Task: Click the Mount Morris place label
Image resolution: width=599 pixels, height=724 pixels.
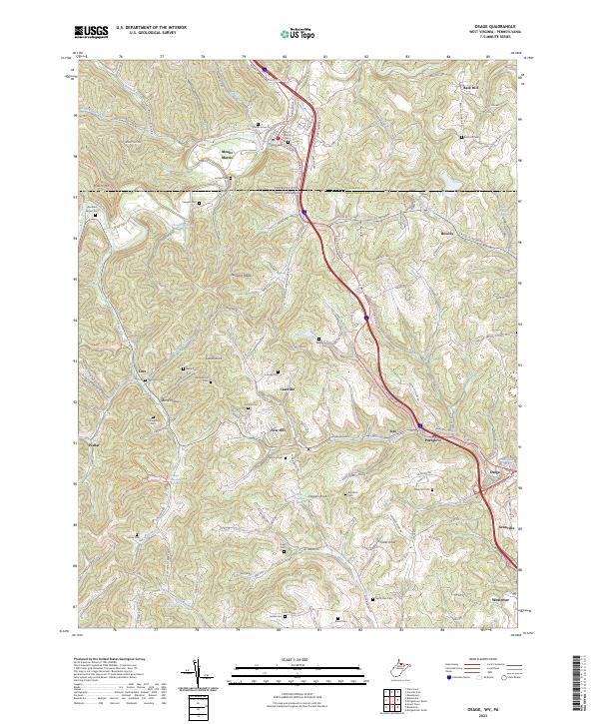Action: [x=231, y=153]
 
